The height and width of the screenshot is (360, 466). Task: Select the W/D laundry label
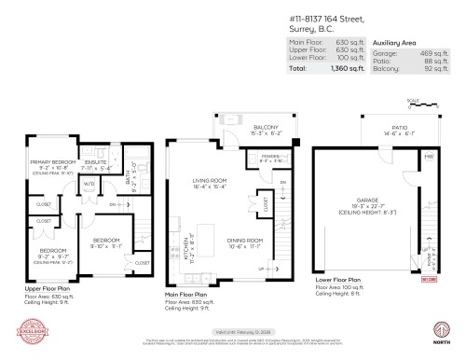[x=90, y=183]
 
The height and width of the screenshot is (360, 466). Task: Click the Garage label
[x=365, y=198]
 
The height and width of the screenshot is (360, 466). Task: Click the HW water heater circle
[x=430, y=156]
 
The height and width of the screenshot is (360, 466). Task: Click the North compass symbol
[x=438, y=328]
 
